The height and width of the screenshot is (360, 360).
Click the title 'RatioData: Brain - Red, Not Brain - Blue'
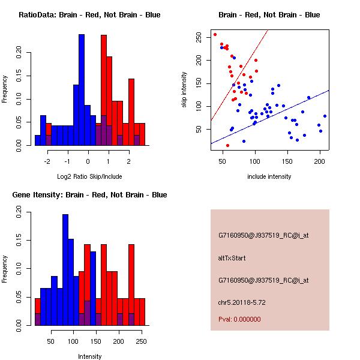click(x=89, y=15)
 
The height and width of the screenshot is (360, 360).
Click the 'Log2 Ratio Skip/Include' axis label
click(x=89, y=178)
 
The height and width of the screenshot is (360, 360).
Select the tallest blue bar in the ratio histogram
click(x=82, y=90)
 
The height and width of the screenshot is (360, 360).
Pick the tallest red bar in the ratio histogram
click(x=104, y=90)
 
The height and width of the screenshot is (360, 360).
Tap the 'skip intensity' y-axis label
click(x=185, y=89)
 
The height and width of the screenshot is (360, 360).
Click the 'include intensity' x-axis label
click(x=269, y=176)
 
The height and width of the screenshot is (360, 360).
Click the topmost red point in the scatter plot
click(x=215, y=34)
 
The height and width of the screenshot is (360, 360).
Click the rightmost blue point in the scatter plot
click(x=325, y=116)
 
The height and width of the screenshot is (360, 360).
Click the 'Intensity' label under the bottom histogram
click(x=90, y=356)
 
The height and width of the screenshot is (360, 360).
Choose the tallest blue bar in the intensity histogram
click(x=65, y=269)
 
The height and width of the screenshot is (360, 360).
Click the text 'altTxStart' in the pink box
click(x=232, y=258)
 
